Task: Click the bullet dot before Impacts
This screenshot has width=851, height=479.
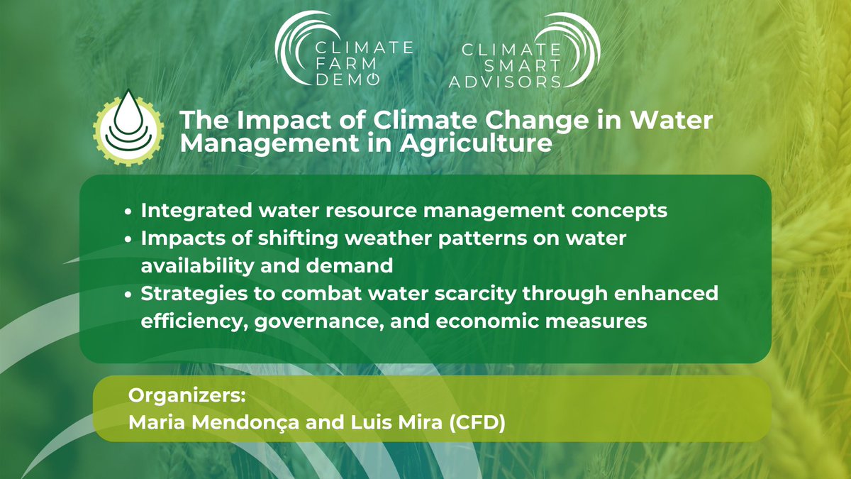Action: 127,240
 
